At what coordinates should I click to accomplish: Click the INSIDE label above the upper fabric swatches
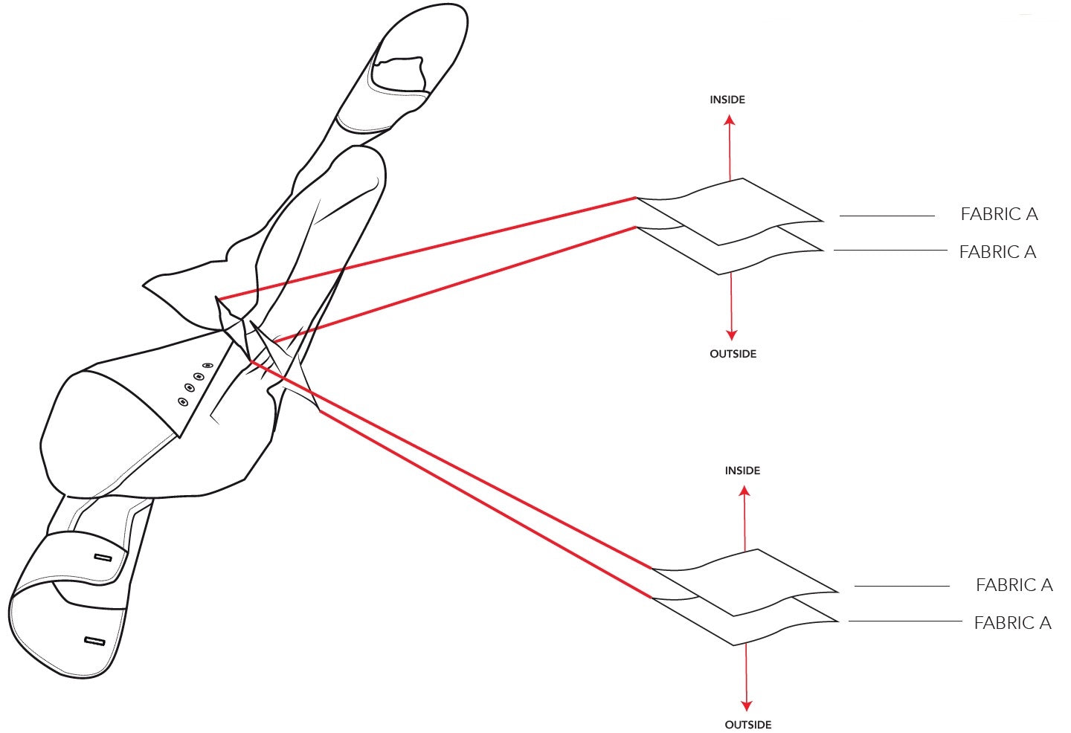point(727,100)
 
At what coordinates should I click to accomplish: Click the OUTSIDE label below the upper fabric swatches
point(733,354)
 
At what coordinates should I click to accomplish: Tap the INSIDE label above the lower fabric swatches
point(742,471)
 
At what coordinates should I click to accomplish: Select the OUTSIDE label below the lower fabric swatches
point(748,725)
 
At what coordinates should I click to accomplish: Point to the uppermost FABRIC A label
point(1000,214)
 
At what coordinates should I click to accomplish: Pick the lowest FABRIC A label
point(1013,623)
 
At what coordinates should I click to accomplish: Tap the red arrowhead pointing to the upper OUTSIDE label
point(732,335)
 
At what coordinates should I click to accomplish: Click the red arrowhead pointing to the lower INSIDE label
point(744,491)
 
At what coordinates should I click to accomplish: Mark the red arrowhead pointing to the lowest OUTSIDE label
point(747,705)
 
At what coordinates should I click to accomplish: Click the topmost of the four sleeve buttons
point(208,366)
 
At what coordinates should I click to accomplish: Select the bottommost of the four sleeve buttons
point(184,402)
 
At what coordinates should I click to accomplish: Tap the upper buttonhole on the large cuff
point(103,558)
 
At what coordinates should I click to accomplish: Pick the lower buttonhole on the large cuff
point(94,641)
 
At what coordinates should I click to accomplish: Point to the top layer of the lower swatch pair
point(745,583)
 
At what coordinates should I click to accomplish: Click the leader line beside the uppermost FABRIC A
point(887,216)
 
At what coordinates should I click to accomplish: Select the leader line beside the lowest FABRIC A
point(905,621)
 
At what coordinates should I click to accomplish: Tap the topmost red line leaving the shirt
point(426,248)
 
